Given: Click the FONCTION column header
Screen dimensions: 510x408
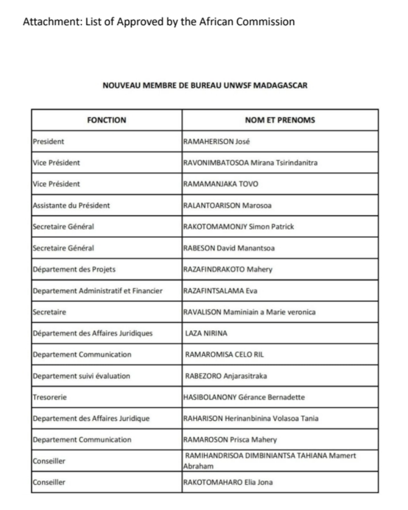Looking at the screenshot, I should pos(106,120).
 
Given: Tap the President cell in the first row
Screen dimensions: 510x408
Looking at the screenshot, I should pos(49,141).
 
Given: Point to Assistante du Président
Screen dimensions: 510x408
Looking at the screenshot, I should pos(71,205).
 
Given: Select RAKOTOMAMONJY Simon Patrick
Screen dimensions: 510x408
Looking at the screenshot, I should pos(239,227).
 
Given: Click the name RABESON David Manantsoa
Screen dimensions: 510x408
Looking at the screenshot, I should pos(229,248).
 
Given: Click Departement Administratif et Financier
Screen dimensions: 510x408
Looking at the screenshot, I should pos(98,291).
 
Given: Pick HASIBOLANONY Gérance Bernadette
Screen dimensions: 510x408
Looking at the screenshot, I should pos(244,397).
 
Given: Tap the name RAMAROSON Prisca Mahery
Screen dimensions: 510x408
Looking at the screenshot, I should pos(230,440).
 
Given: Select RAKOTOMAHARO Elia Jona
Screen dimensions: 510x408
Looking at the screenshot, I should pos(228,483).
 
